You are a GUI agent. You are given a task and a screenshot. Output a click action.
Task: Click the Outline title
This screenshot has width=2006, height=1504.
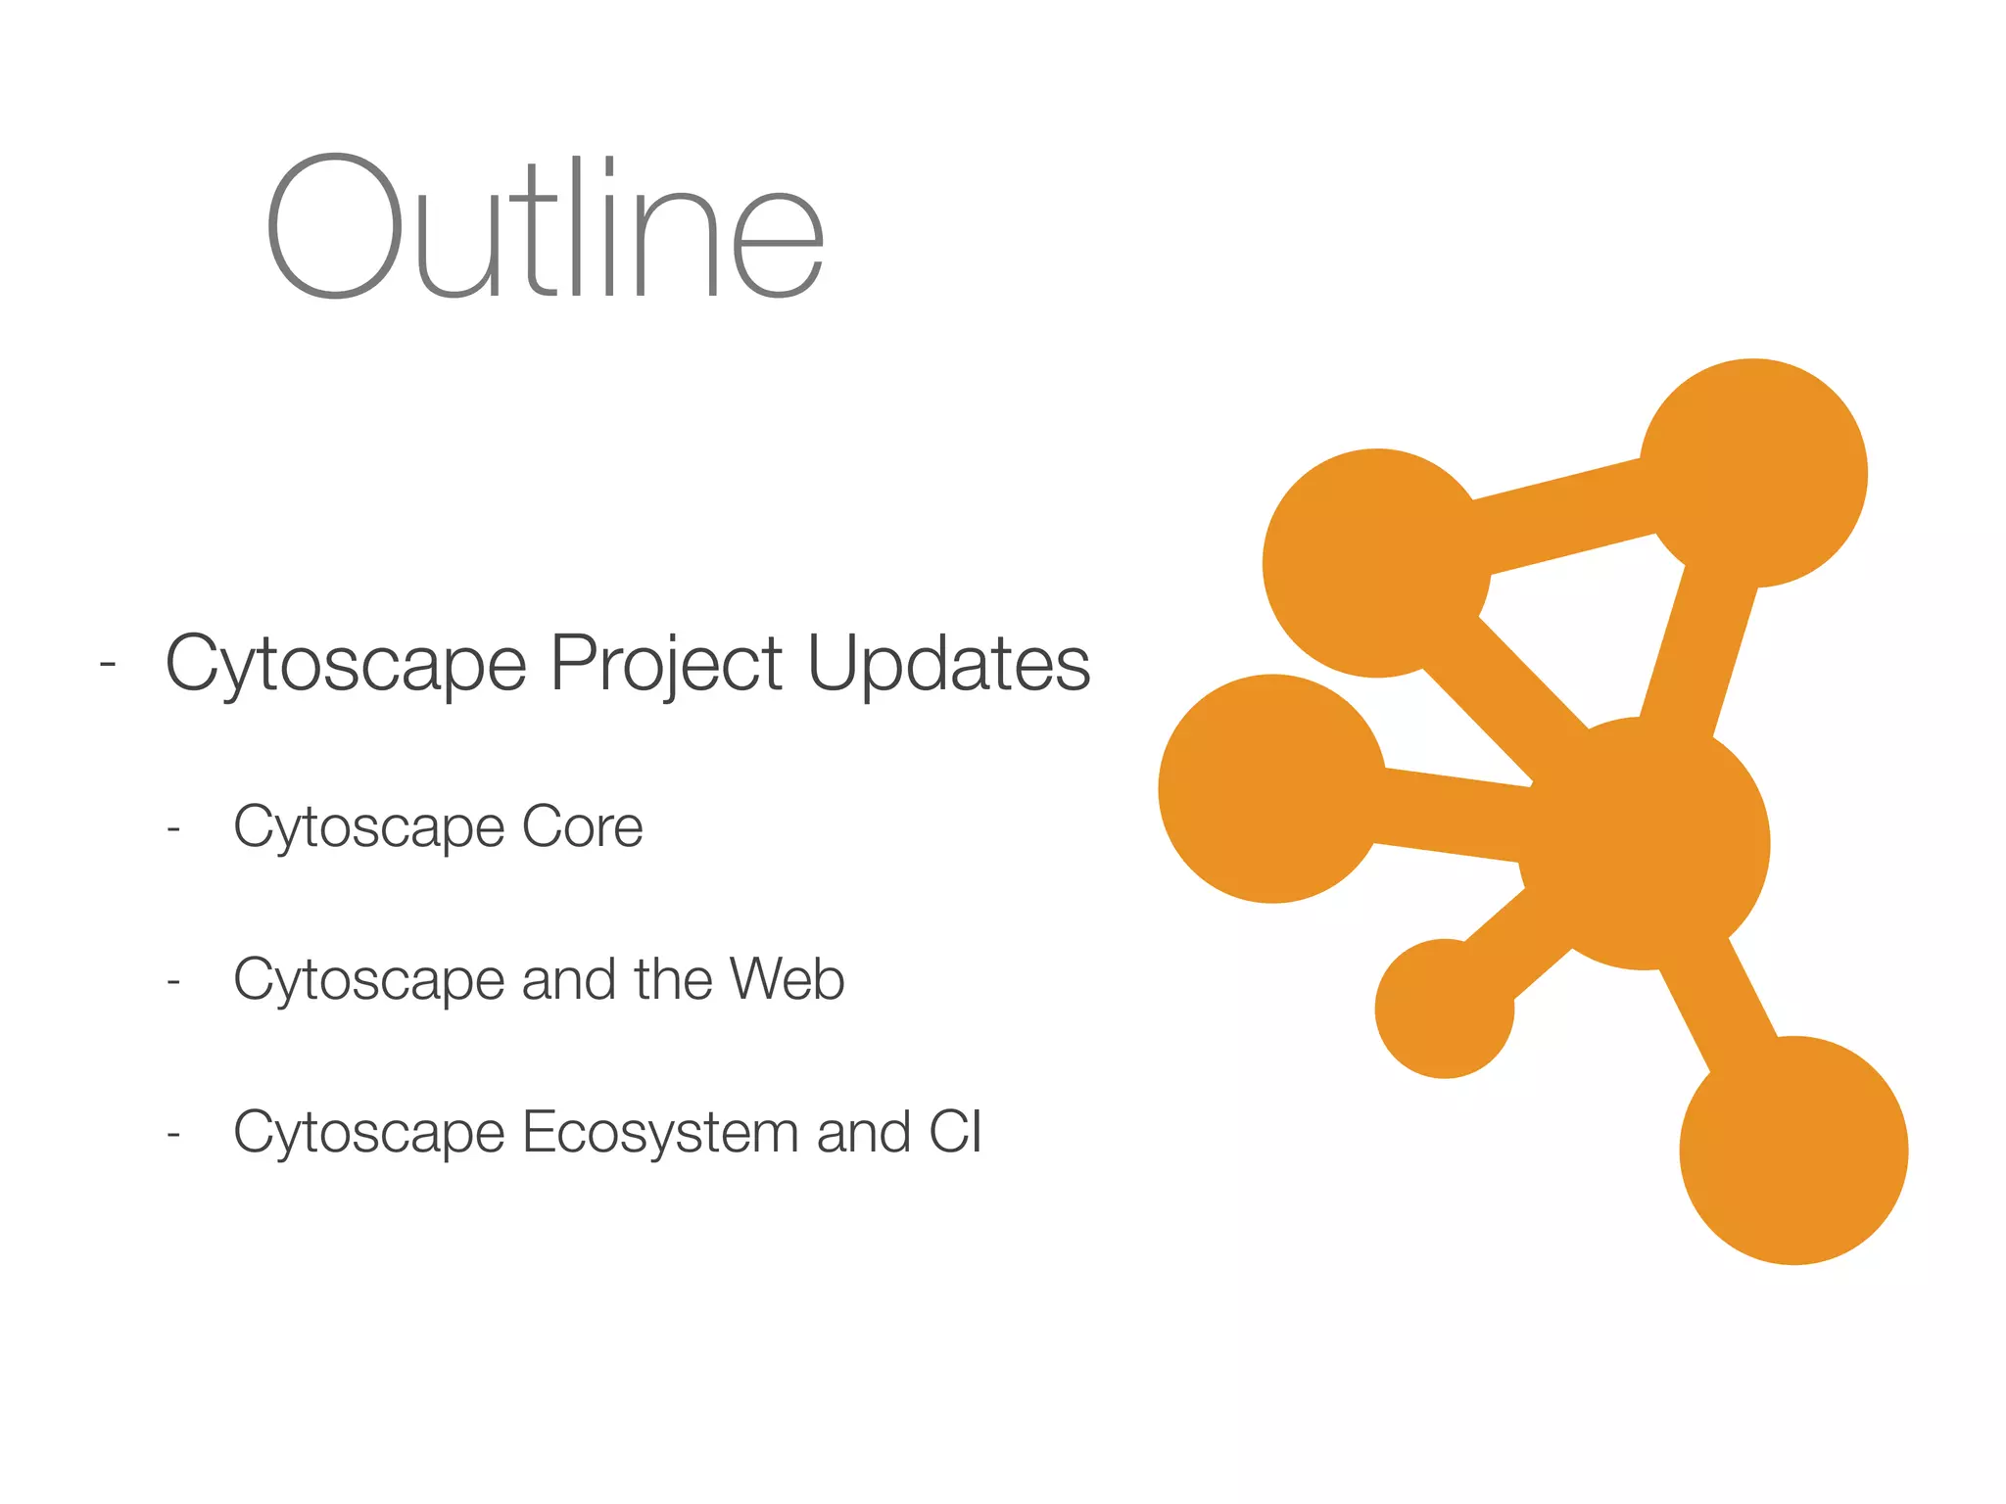pos(545,227)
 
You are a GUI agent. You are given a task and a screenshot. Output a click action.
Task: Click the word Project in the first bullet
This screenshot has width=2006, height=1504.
pos(666,664)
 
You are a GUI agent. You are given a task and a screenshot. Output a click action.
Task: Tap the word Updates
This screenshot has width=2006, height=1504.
pos(948,664)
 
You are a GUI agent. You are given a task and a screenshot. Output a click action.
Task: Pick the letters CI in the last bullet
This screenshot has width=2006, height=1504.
pos(955,1132)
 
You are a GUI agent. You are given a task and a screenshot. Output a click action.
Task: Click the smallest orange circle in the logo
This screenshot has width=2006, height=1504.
pos(1444,1009)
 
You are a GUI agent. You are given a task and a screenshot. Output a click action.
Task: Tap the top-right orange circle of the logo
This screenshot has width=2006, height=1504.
pos(1753,473)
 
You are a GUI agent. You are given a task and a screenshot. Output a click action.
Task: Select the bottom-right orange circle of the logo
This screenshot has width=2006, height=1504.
pos(1793,1150)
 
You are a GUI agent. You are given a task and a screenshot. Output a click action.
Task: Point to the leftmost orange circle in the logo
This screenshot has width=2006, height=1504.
pos(1272,788)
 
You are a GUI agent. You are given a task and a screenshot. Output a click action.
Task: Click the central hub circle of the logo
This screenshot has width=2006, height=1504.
pos(1646,843)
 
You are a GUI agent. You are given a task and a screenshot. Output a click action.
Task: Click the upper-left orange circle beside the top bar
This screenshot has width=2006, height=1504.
pos(1376,563)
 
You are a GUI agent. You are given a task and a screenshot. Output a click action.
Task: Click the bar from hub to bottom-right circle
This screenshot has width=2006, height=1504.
pos(1720,1004)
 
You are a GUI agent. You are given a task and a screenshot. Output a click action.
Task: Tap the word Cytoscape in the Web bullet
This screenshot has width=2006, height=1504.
pos(368,980)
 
